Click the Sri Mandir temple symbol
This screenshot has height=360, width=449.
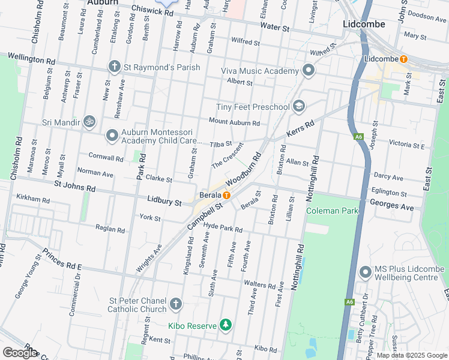(x=89, y=122)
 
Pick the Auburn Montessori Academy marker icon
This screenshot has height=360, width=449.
(x=112, y=136)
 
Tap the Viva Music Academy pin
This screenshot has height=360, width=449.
(x=309, y=71)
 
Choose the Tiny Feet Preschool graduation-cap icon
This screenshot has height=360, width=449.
(x=298, y=107)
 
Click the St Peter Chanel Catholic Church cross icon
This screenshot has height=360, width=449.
(x=175, y=304)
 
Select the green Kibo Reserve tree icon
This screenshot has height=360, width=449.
(x=226, y=325)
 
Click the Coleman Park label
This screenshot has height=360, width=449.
(x=332, y=211)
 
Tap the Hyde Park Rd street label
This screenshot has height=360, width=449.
(x=223, y=230)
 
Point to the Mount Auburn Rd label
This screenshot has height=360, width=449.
(x=234, y=123)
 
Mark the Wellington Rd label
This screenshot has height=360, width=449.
(x=31, y=60)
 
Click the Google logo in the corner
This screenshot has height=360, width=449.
(x=20, y=352)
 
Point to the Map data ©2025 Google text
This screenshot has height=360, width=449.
(x=411, y=355)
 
